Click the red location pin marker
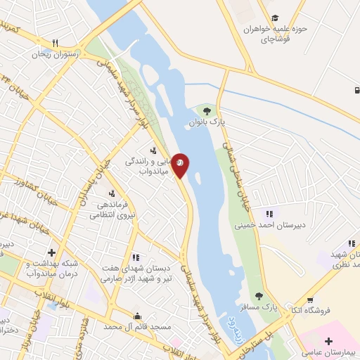point(180,164)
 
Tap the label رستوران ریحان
point(56,53)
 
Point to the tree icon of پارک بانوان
point(205,110)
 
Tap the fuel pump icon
point(356,90)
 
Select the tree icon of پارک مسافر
point(259,296)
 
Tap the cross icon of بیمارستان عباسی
point(328,340)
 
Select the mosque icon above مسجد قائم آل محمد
point(138,315)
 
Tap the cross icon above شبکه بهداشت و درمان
point(51,252)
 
